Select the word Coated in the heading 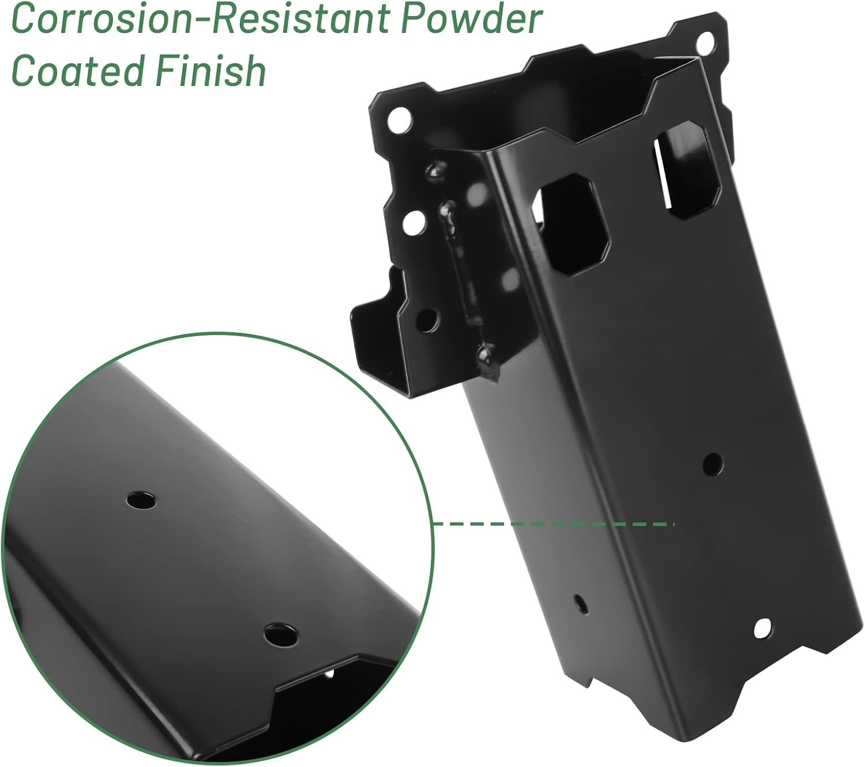pos(78,71)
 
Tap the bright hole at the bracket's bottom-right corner pos(763,626)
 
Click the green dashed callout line pos(554,524)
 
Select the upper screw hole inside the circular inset pos(142,499)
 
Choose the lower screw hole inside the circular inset pos(281,635)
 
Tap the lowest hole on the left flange pos(428,321)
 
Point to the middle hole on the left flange pos(413,221)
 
